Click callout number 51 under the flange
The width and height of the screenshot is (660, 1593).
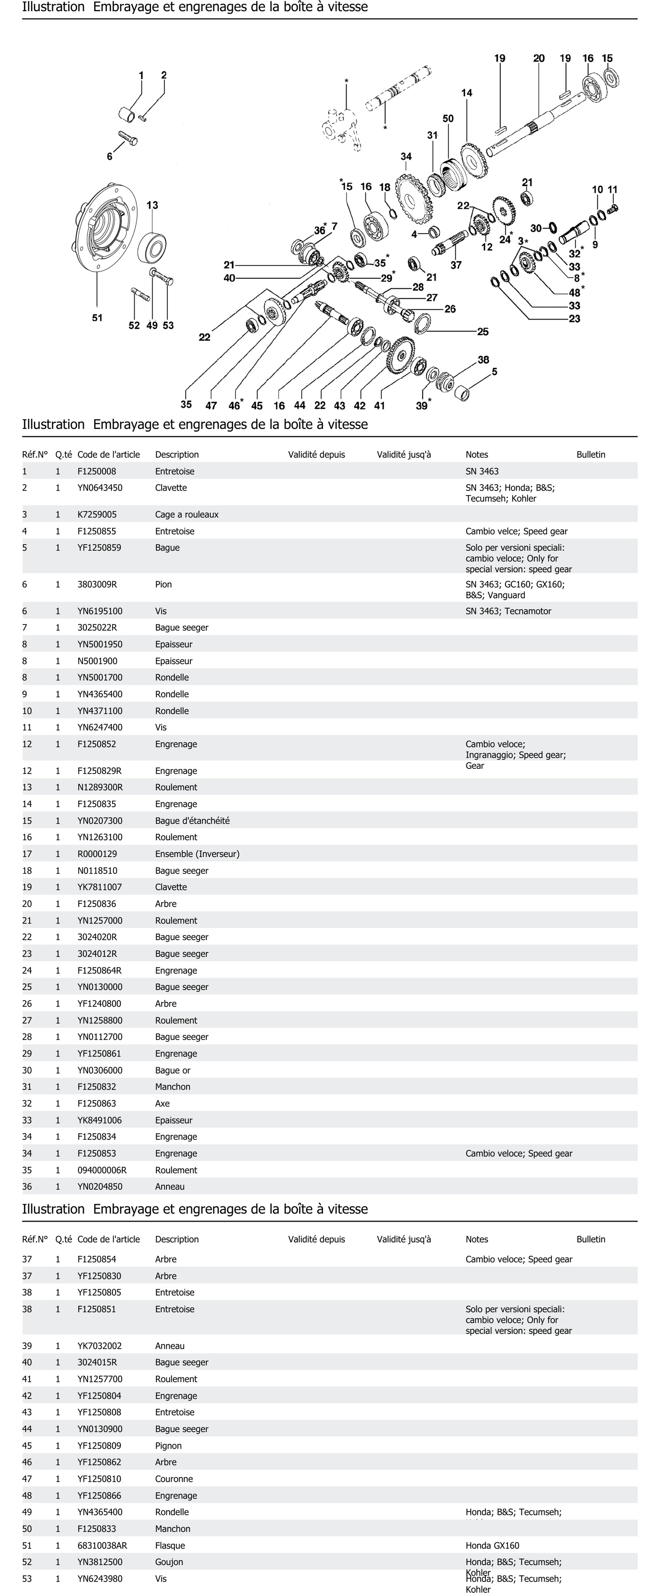pyautogui.click(x=97, y=318)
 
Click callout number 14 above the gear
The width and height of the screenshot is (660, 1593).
pyautogui.click(x=466, y=93)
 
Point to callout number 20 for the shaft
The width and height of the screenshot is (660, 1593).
pyautogui.click(x=539, y=58)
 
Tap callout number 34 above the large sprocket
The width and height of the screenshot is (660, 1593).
pyautogui.click(x=406, y=157)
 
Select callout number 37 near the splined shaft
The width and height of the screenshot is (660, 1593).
pyautogui.click(x=456, y=265)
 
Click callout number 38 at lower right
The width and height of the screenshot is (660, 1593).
pyautogui.click(x=483, y=359)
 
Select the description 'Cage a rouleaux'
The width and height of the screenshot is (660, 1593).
pyautogui.click(x=187, y=515)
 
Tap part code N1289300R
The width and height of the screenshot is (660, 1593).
pyautogui.click(x=100, y=787)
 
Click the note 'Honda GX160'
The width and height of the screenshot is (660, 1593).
pyautogui.click(x=492, y=1545)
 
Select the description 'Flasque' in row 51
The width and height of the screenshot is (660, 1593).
pyautogui.click(x=170, y=1545)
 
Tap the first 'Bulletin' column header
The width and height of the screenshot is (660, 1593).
pyautogui.click(x=591, y=454)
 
